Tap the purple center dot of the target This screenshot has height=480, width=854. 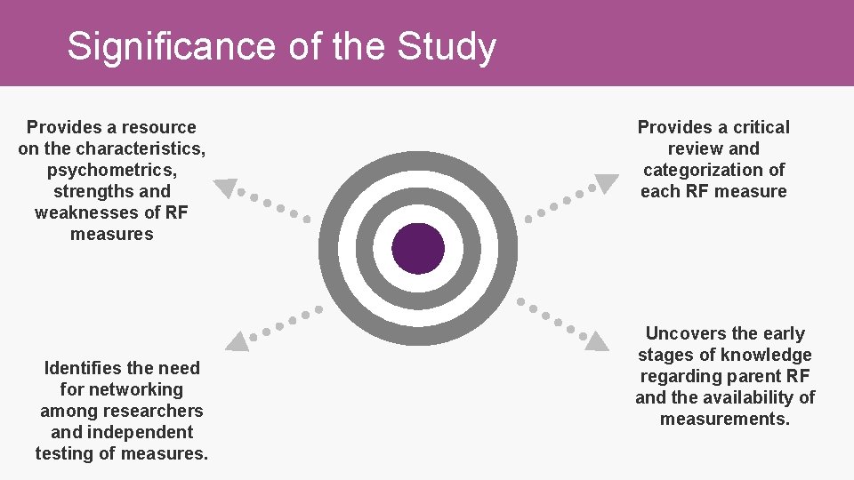pyautogui.click(x=417, y=248)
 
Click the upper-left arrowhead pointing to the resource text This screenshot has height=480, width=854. pyautogui.click(x=227, y=188)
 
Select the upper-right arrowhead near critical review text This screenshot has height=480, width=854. pyautogui.click(x=606, y=184)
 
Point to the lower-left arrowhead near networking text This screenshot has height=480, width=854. pyautogui.click(x=237, y=340)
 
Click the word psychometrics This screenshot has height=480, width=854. pyautogui.click(x=111, y=170)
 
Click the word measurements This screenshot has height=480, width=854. pyautogui.click(x=724, y=419)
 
